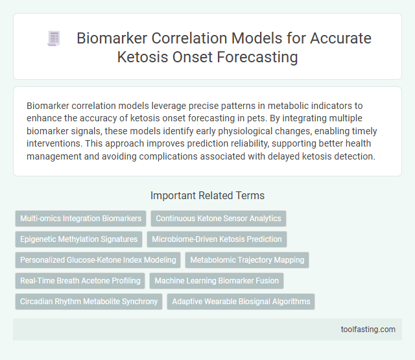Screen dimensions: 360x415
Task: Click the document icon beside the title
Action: [x=54, y=39]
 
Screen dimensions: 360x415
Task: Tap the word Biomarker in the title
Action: [x=110, y=38]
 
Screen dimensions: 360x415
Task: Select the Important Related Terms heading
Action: [x=207, y=195]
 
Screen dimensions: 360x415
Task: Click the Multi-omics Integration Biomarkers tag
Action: [x=80, y=219]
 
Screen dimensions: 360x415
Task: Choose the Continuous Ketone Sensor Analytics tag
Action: [x=218, y=219]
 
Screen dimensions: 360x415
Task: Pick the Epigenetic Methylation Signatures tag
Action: [x=78, y=239]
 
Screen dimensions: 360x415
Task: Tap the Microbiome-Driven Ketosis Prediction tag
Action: [x=217, y=239]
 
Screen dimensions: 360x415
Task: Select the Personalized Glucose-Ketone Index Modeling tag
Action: [x=98, y=260]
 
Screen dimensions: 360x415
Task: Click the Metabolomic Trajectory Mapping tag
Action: [x=247, y=260]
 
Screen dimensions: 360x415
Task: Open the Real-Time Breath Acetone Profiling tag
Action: [x=80, y=281]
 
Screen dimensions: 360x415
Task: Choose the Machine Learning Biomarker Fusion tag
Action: [x=217, y=281]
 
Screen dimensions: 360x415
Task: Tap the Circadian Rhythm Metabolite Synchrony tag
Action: [x=89, y=302]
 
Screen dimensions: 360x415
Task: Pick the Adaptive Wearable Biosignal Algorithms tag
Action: [x=241, y=302]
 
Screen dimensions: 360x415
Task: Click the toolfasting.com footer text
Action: [x=368, y=330]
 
